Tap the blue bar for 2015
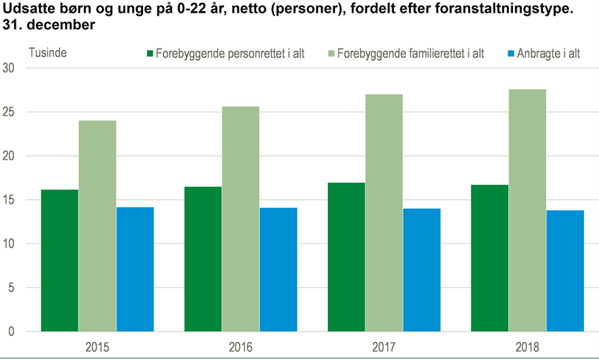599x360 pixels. click(135, 269)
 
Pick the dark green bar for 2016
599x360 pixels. click(203, 259)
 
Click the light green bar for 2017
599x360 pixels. click(384, 213)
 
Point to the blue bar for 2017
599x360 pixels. click(422, 269)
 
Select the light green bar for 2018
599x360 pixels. click(527, 210)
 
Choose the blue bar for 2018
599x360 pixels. click(565, 271)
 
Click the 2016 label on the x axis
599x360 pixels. click(240, 347)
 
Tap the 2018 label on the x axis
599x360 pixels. click(527, 347)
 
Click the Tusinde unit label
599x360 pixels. click(47, 53)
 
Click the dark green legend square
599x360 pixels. click(150, 54)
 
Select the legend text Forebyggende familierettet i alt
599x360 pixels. click(411, 54)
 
